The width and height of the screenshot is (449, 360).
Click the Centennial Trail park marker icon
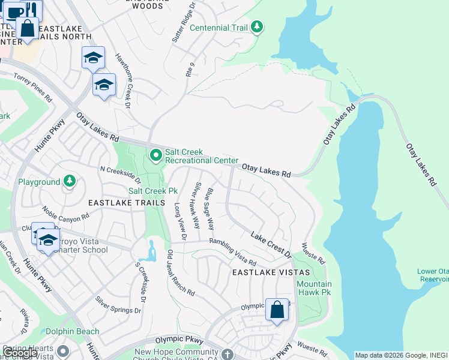coord(257,27)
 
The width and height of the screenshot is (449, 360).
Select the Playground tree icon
coord(70,181)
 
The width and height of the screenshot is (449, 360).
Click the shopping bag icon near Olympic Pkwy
coord(277,310)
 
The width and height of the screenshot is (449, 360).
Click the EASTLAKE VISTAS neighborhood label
coord(264,272)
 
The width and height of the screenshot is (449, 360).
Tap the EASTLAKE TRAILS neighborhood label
coord(126,203)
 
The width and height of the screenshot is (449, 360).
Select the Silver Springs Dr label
coord(118,304)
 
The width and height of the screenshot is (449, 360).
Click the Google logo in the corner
coord(20,353)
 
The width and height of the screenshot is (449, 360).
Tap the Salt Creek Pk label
coord(154,191)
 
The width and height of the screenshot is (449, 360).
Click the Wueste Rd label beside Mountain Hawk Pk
coord(313,254)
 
